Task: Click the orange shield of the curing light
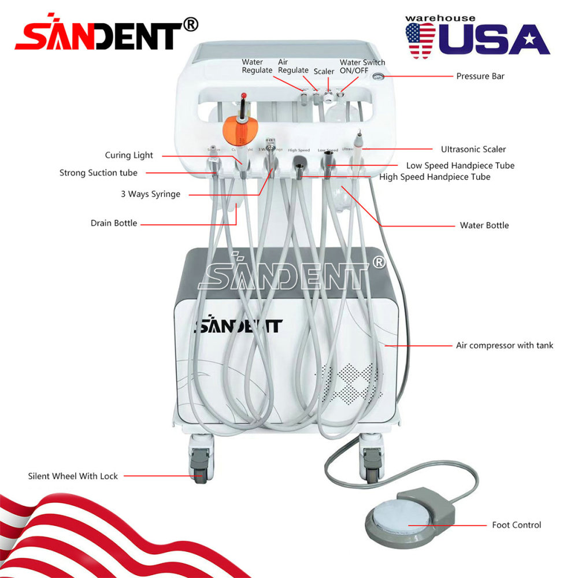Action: point(238,129)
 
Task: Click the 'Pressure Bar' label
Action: point(480,76)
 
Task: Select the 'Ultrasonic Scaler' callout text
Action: point(473,149)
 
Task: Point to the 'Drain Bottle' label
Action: point(114,223)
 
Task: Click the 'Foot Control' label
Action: point(516,525)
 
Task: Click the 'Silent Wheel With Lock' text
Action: point(73,476)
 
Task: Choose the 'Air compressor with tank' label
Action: point(504,345)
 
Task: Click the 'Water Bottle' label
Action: point(484,225)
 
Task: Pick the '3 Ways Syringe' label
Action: point(150,194)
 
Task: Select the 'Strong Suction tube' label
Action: point(98,173)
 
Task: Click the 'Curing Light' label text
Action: point(129,155)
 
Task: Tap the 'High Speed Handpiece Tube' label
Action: point(435,177)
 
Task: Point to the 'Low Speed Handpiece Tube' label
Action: point(460,165)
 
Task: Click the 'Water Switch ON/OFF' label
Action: point(362,66)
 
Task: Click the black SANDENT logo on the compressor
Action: point(238,325)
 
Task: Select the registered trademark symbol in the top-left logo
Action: point(190,24)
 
